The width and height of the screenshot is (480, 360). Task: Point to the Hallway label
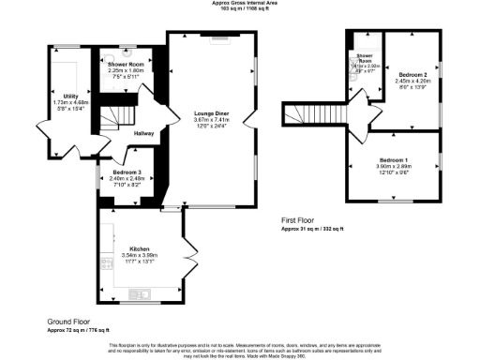point(143,134)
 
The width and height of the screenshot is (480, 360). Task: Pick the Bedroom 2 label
point(412,73)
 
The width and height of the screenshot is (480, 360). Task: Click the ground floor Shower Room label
point(125,64)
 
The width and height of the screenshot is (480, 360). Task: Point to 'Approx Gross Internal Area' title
point(239,3)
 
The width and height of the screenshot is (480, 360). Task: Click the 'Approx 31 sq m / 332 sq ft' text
point(313,228)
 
